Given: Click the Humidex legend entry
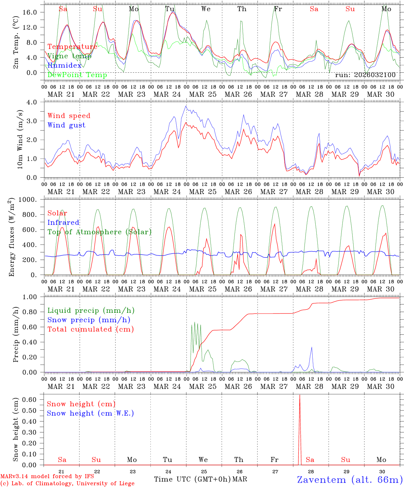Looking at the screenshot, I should [x=64, y=66].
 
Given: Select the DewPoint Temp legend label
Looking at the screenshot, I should [x=77, y=75].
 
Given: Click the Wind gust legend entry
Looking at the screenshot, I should [x=66, y=125].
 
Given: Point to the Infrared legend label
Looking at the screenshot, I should [x=63, y=223].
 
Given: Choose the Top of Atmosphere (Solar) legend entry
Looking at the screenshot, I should [x=99, y=232].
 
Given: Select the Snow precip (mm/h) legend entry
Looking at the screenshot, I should [x=89, y=320].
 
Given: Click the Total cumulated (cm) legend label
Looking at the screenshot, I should [x=90, y=329].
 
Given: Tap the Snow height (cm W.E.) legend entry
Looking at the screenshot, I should [x=90, y=413].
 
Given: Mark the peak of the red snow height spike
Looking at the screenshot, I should [x=299, y=395].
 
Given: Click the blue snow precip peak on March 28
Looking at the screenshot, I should [x=312, y=347].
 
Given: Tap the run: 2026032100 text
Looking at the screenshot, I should [x=365, y=75].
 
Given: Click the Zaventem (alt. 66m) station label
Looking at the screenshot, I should [x=350, y=480].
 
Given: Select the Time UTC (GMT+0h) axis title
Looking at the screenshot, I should [x=192, y=479].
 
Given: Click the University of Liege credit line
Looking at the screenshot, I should [x=67, y=484].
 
